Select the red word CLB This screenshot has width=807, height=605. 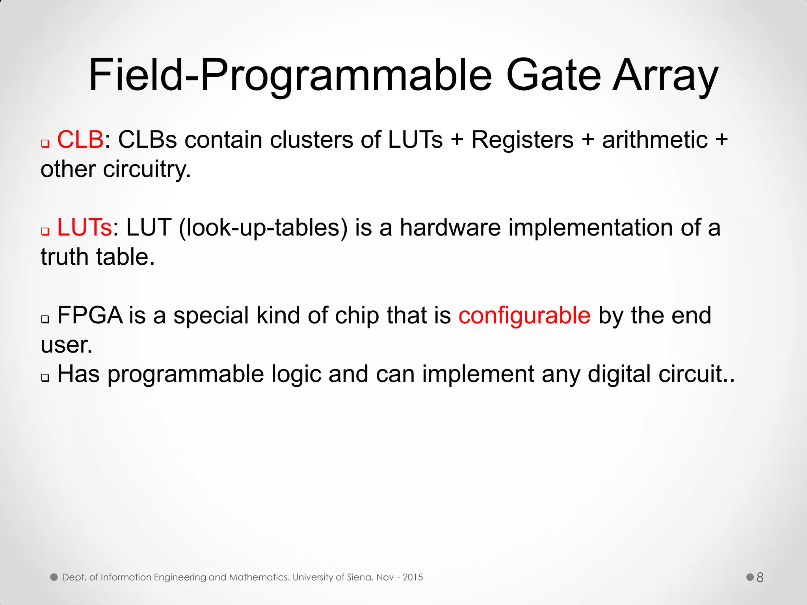80,139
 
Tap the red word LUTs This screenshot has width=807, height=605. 84,228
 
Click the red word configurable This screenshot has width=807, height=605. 524,316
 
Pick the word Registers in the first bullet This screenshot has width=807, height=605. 522,140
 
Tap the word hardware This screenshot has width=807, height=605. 450,228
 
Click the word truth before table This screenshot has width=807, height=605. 65,257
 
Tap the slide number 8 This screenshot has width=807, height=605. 760,577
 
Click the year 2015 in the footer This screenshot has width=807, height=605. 413,577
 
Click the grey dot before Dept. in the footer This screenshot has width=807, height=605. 54,577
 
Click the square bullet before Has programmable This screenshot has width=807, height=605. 45,378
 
